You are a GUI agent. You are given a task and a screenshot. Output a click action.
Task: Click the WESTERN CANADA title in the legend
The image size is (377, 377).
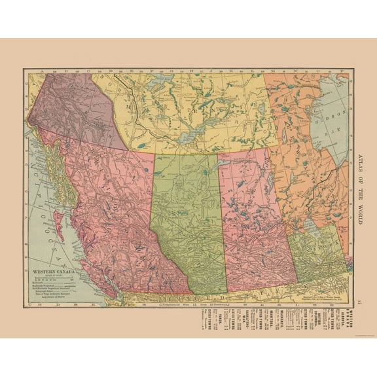coord(56,269)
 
